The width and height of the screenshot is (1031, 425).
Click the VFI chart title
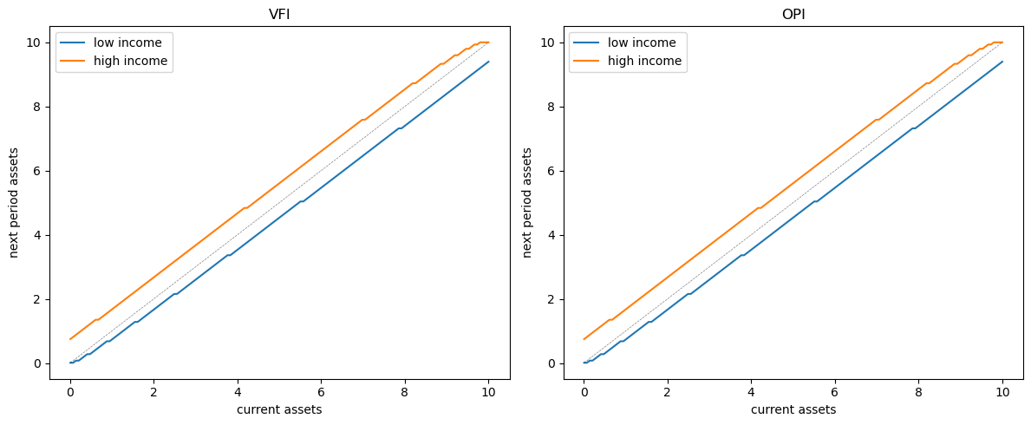[279, 14]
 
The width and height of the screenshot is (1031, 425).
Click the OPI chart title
[793, 14]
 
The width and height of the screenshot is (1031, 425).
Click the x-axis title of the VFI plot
[279, 409]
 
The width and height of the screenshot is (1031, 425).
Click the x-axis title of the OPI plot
[793, 409]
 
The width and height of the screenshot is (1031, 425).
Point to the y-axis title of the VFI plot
[14, 202]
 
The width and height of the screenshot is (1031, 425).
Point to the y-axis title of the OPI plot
[527, 202]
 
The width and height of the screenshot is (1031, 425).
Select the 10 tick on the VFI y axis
[35, 42]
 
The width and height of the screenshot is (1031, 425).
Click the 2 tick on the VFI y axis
[38, 299]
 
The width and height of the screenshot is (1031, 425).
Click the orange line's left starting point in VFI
[70, 339]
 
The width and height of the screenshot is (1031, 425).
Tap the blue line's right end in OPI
[1002, 62]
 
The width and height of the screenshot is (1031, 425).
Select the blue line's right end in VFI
[489, 62]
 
